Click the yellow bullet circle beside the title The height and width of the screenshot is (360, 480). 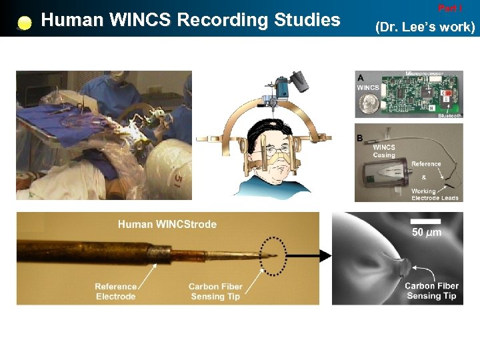pos(25,23)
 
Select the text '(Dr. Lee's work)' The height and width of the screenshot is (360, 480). pos(425,27)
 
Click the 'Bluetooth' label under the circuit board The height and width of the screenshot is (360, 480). pos(448,115)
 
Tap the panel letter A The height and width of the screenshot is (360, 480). pos(361,76)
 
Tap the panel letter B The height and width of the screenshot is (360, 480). pos(360,139)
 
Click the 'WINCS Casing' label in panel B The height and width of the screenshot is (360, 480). pos(385,151)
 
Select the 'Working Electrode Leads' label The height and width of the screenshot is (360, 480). pos(434,195)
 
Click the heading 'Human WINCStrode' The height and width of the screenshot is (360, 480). pos(167,224)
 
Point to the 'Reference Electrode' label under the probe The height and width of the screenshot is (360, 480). pos(115,291)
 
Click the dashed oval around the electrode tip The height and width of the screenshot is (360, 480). pos(273,255)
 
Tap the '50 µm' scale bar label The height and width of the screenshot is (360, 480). pos(427,232)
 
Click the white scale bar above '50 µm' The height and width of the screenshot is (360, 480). pos(427,220)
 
